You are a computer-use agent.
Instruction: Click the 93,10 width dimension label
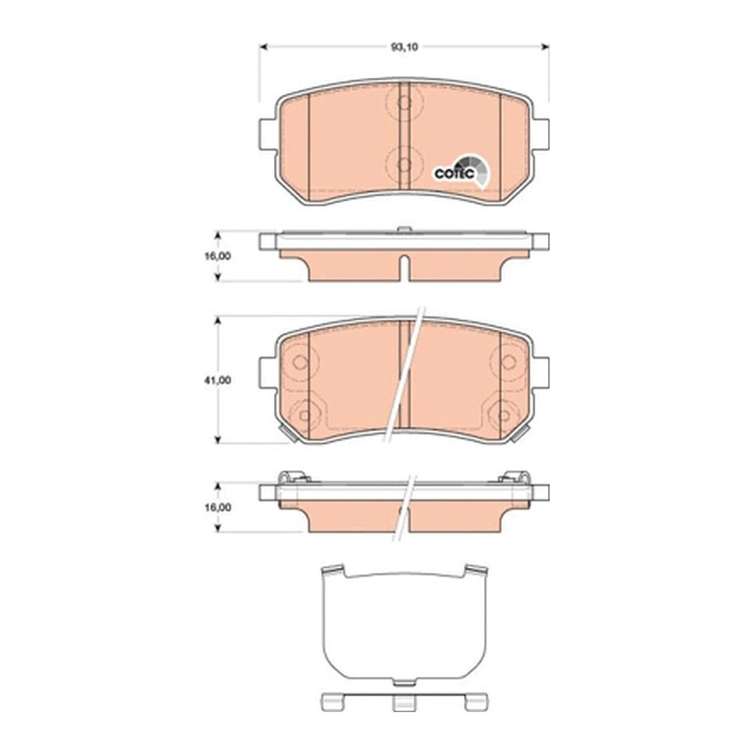[405, 47]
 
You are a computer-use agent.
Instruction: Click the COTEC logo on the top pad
[461, 172]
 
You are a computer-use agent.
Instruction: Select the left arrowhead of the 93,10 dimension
[264, 47]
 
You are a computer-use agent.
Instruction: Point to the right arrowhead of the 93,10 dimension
[545, 47]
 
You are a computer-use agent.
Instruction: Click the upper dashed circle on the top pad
[405, 102]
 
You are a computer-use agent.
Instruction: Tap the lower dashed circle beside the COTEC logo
[405, 164]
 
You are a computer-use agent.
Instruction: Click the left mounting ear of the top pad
[267, 134]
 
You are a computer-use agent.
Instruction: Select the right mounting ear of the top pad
[540, 134]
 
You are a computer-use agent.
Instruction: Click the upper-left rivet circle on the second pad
[301, 362]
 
